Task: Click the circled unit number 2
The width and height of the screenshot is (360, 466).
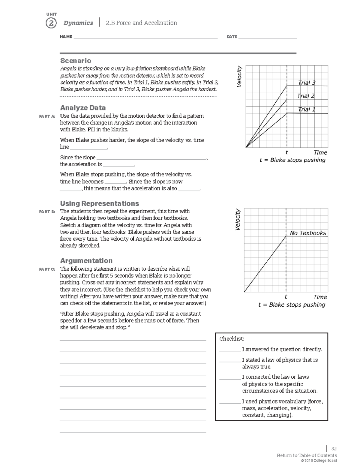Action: coord(51,23)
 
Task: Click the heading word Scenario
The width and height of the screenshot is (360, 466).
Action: coord(76,61)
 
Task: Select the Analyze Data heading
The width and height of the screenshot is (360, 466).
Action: coord(83,108)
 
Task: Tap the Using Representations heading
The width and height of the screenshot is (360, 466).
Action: coord(100,203)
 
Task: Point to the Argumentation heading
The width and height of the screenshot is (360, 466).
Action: coord(86,260)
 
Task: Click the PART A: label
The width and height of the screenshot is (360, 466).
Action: coord(47,116)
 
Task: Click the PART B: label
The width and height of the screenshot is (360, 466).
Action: coord(47,212)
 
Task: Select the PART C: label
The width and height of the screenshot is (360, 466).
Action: coord(47,269)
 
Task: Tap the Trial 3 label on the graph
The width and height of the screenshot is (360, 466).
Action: coord(307,83)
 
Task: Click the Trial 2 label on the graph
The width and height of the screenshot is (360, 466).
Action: coord(306,96)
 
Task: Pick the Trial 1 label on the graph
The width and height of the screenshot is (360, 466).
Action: coord(307,110)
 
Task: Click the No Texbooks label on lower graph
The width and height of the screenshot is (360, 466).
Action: coord(308,233)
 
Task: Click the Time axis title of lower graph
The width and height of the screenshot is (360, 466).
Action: coord(320,297)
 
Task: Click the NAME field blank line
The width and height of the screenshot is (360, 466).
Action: coord(145,38)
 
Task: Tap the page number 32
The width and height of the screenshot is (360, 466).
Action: coord(334,449)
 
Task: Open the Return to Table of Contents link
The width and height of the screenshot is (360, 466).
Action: coord(307,455)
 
